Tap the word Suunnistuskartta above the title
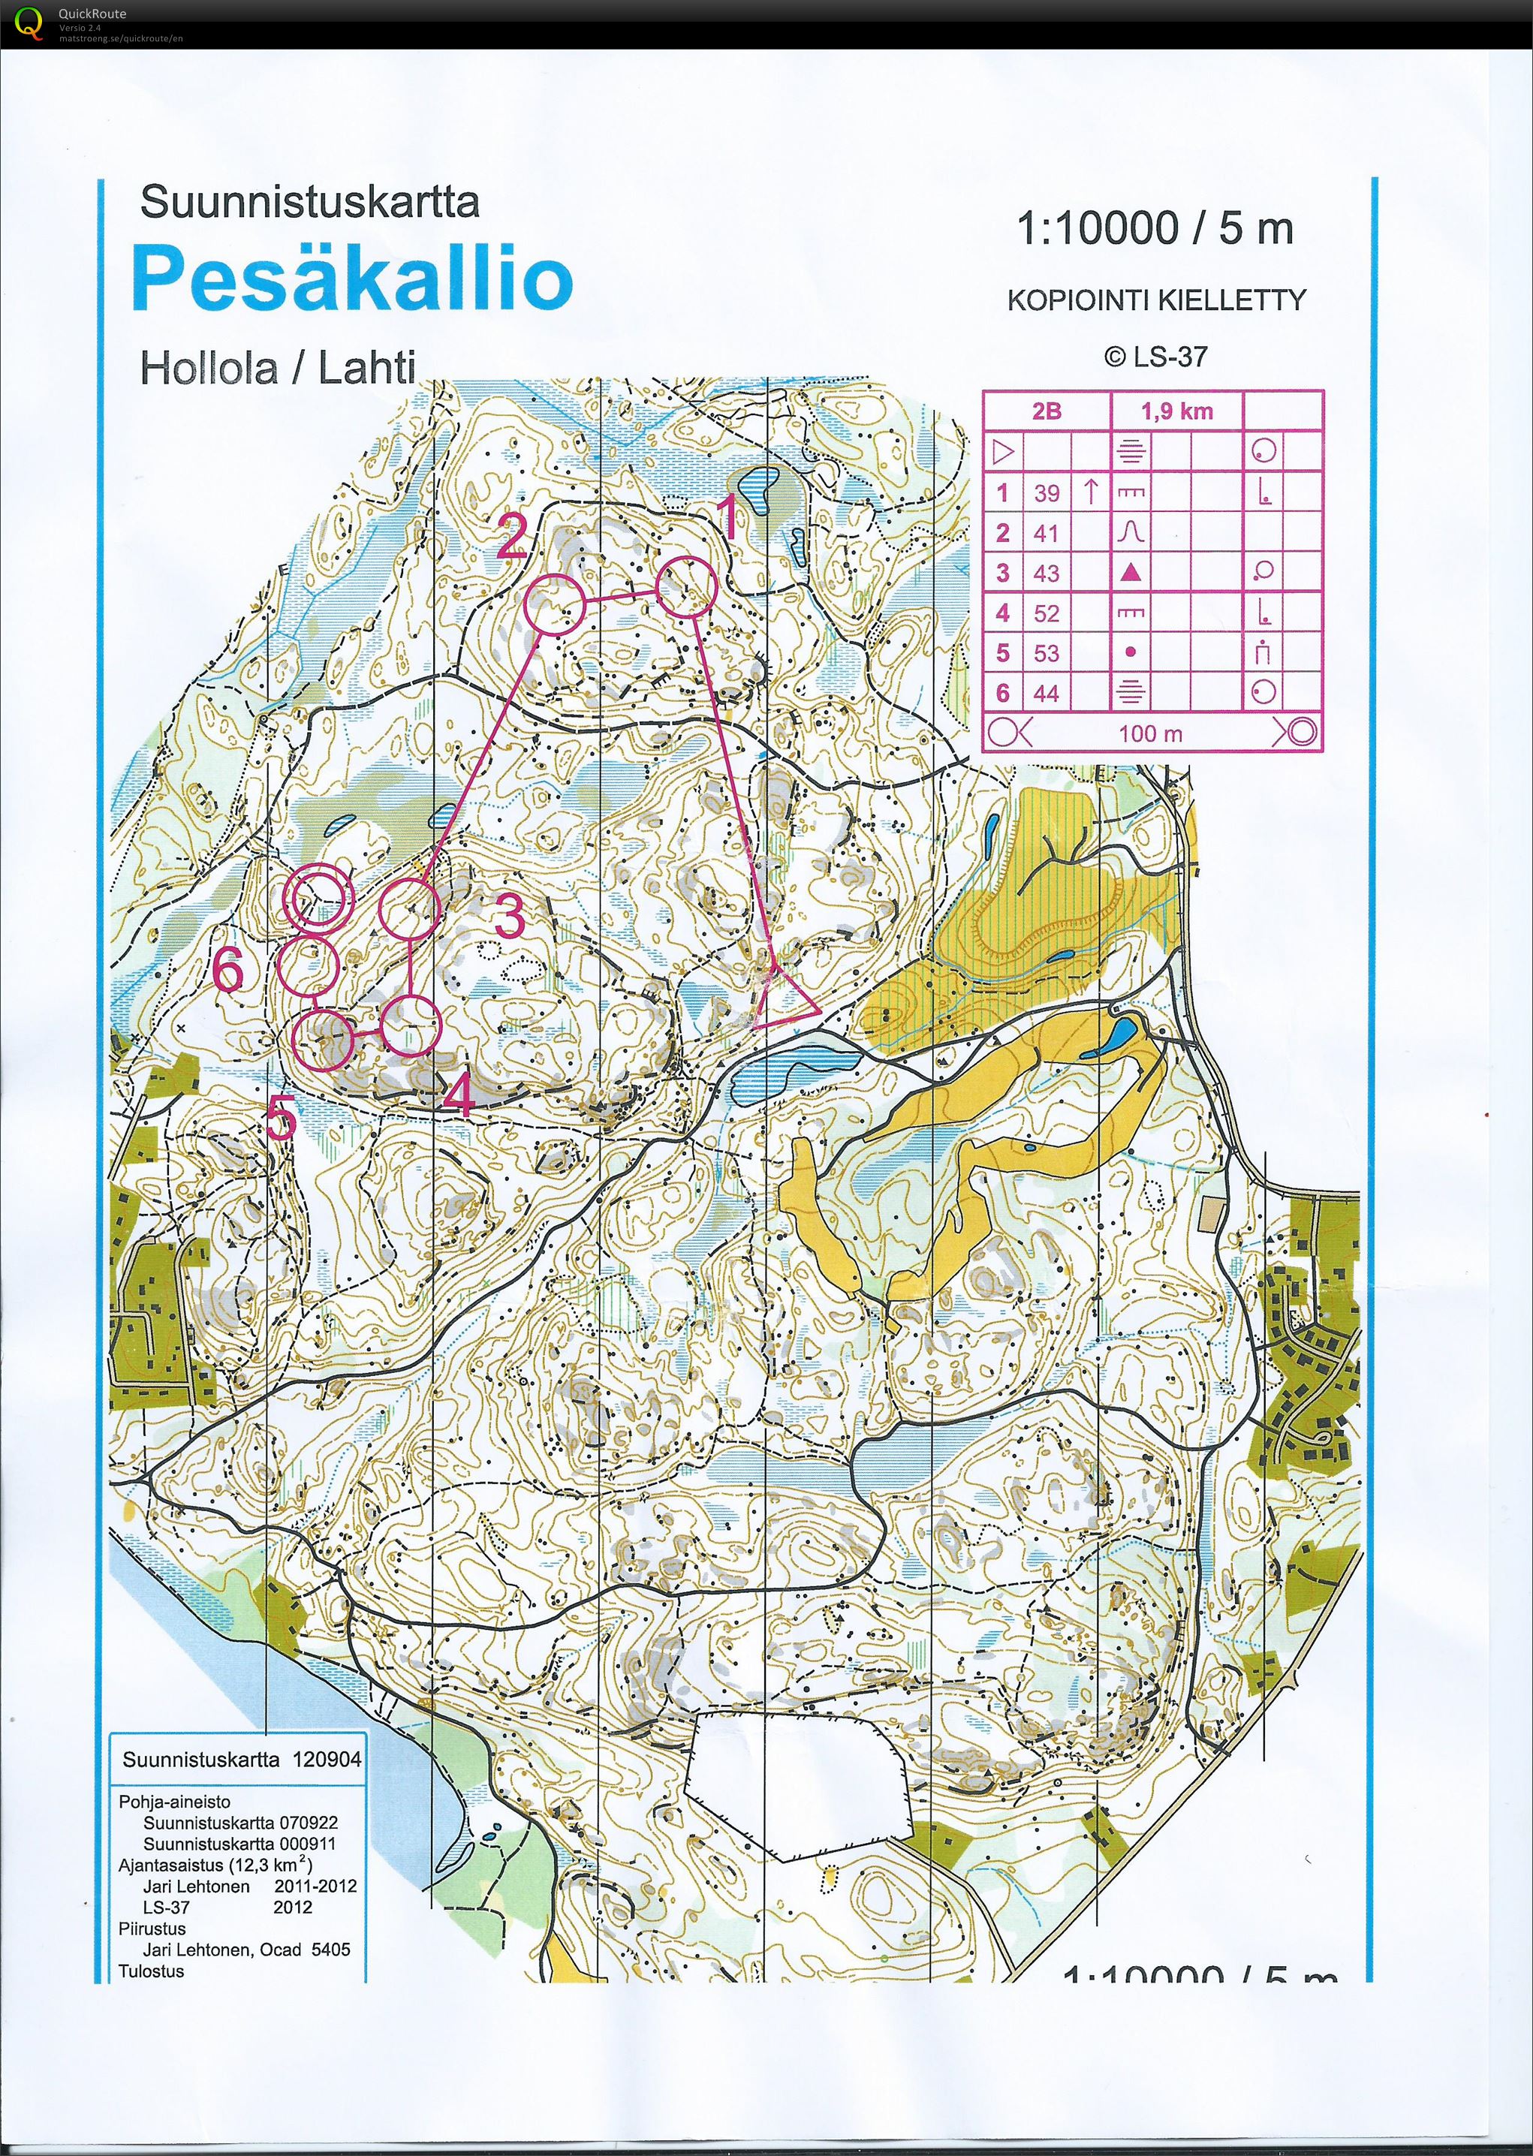309,202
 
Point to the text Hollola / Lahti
278,367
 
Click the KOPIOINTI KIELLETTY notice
1156,300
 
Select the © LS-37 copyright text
1155,357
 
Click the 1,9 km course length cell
1176,411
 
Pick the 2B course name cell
1046,411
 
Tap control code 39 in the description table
1046,492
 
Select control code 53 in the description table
1046,653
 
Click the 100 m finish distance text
1150,733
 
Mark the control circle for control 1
687,586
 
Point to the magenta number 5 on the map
280,1121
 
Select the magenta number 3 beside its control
509,916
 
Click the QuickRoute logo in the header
29,23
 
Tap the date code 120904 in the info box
327,1759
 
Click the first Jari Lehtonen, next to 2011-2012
197,1886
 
